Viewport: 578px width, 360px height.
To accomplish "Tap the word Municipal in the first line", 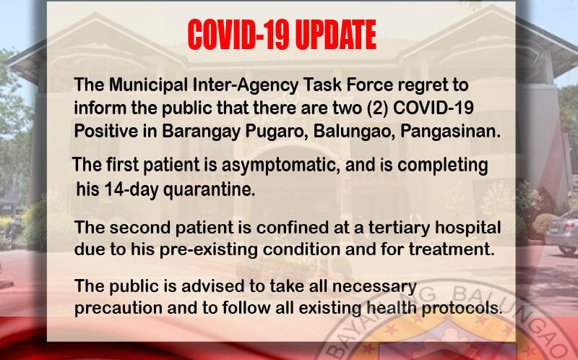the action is coord(148,85).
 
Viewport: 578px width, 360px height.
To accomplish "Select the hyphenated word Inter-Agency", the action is coord(246,85).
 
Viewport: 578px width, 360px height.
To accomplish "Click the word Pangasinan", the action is coord(450,132).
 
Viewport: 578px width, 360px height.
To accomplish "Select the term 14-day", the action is coord(131,190).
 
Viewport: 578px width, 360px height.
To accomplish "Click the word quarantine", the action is coord(209,190).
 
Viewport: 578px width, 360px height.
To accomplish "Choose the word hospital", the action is coord(467,228).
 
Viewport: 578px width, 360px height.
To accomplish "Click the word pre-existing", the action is coord(209,250).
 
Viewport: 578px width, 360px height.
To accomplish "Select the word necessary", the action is coord(375,286).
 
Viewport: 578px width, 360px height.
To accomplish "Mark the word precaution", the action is coord(118,309).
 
